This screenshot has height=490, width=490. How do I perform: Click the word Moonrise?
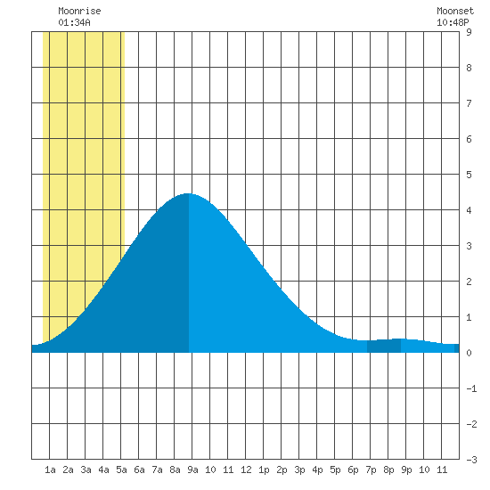click(x=79, y=11)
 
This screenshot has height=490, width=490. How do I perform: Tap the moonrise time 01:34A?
click(x=74, y=22)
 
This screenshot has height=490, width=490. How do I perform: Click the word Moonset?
click(x=455, y=11)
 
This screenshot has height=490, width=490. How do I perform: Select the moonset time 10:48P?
click(x=453, y=22)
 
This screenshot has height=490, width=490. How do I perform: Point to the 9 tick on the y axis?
click(x=469, y=32)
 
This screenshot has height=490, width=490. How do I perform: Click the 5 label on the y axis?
click(x=469, y=175)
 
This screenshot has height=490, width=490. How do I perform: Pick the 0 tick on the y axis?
click(x=469, y=353)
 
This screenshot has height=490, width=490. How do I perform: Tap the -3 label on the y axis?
click(x=471, y=460)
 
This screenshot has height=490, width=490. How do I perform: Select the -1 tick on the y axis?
click(x=471, y=388)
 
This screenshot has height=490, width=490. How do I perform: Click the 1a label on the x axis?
click(x=50, y=470)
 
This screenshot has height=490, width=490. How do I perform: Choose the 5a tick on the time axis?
click(x=121, y=470)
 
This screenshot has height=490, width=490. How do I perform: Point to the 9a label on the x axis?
click(x=192, y=470)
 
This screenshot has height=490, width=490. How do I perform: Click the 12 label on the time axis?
click(x=246, y=470)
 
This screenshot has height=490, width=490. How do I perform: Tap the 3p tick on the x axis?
click(x=299, y=470)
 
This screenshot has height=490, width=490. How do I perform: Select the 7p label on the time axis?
click(x=371, y=470)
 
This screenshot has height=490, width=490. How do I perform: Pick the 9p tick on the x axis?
click(x=406, y=470)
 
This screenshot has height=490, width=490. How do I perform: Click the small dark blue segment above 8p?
click(x=384, y=346)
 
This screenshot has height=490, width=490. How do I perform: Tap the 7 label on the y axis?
click(x=469, y=103)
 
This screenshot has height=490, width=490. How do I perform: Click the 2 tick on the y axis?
click(x=469, y=282)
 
